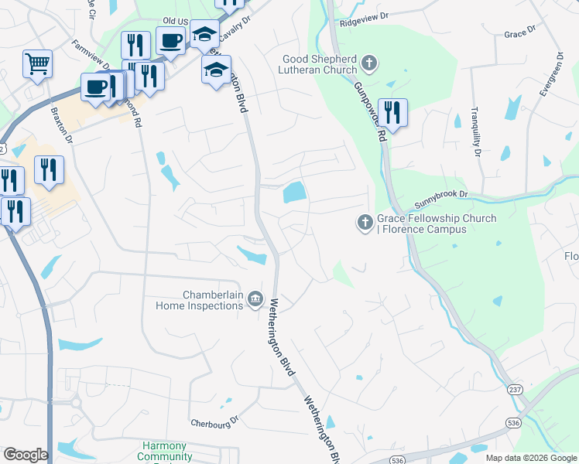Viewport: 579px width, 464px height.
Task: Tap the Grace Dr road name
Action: [x=519, y=34]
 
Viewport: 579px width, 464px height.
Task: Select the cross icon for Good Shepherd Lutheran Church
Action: [x=369, y=63]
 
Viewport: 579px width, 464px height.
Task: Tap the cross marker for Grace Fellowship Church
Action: [x=365, y=223]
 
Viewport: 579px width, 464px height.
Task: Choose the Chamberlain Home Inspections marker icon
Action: [x=256, y=300]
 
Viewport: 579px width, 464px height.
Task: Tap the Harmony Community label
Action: [x=165, y=452]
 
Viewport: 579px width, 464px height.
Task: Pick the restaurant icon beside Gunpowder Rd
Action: [x=392, y=114]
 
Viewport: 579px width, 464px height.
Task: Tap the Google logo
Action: [x=26, y=455]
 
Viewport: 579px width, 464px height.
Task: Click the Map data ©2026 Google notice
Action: [x=530, y=458]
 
